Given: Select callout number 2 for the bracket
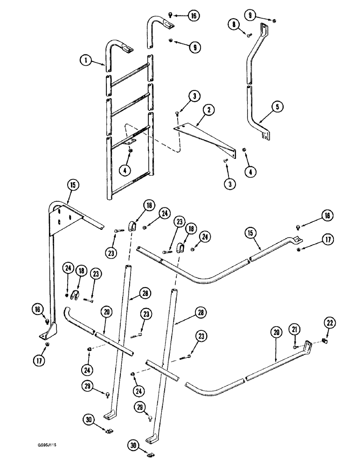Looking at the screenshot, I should coord(209,110).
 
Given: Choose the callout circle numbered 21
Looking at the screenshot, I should coord(295,329).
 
